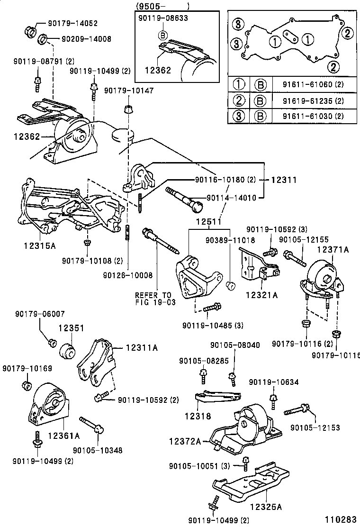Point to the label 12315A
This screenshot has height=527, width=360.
click(40, 245)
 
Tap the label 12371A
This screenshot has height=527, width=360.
click(333, 249)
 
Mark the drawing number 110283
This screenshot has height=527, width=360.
click(339, 520)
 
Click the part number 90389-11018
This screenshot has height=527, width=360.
click(231, 240)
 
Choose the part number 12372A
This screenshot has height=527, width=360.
click(185, 441)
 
